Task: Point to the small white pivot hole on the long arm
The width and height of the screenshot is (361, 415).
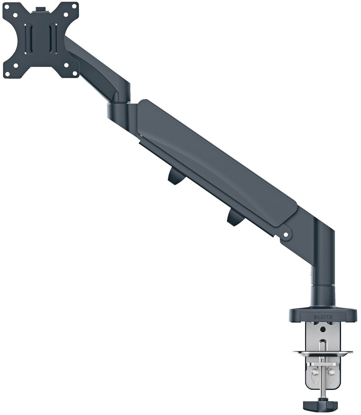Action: tap(286, 235)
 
